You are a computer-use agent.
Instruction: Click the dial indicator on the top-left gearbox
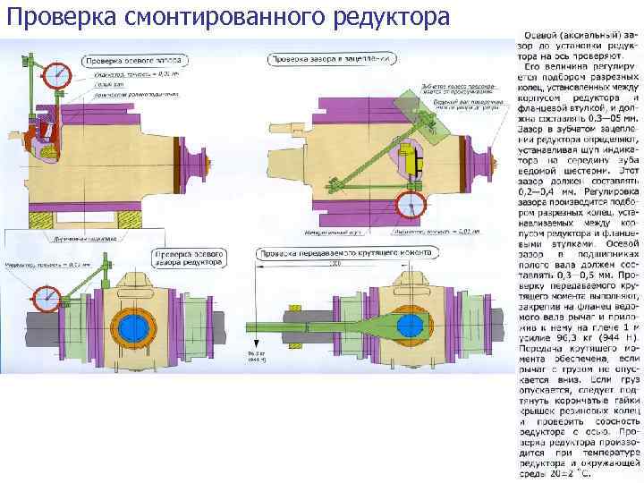(59, 71)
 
